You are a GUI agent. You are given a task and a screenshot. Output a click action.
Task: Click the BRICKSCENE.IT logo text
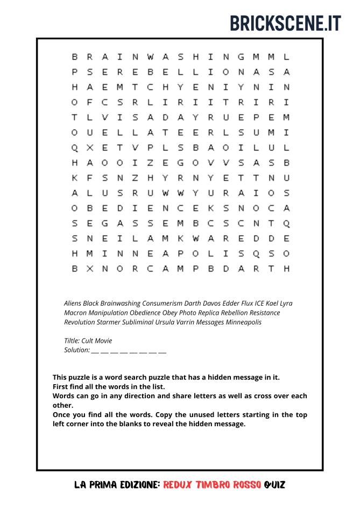coord(285,23)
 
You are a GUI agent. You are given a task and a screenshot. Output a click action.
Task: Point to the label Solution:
coord(76,350)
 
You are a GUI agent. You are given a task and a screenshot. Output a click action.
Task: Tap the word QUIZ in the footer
coord(274,485)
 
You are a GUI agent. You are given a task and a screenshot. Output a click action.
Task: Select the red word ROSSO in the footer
coord(245,485)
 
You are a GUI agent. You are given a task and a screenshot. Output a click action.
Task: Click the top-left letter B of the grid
coord(75,56)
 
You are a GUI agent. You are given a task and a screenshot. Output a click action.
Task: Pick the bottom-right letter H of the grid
coord(286,268)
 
